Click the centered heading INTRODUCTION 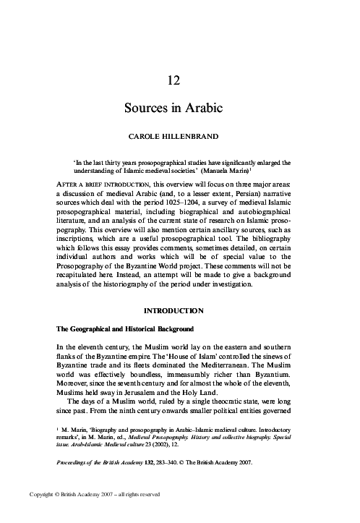click(x=180, y=310)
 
